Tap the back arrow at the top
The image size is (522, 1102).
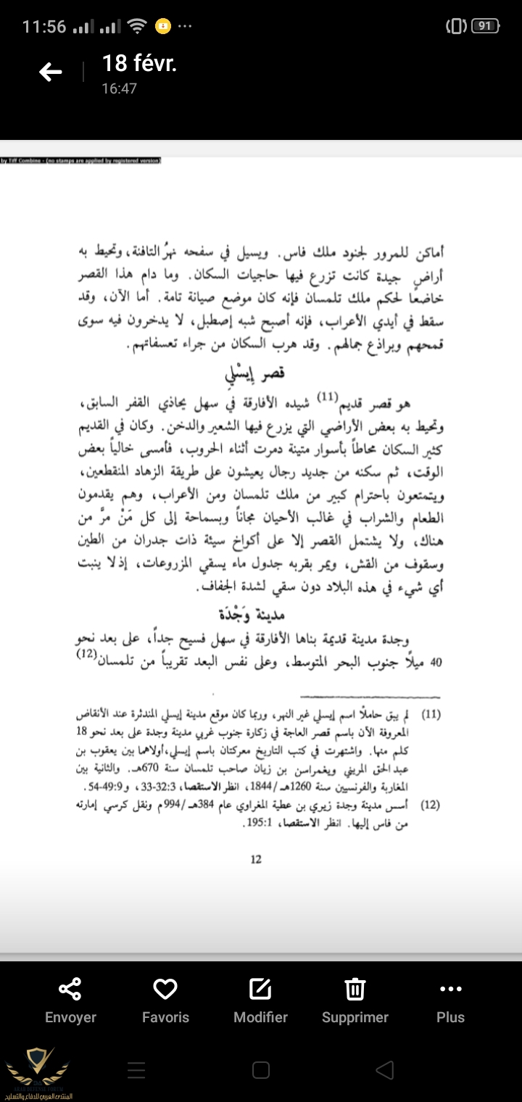(x=50, y=72)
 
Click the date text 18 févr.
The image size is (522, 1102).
(x=139, y=64)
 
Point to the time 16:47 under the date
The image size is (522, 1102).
(x=119, y=89)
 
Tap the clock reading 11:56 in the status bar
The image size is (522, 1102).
(x=44, y=27)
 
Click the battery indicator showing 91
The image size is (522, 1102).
(x=485, y=27)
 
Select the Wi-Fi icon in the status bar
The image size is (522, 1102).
(x=136, y=27)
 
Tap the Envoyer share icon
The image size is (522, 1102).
(x=70, y=989)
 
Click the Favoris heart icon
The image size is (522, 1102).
(x=165, y=989)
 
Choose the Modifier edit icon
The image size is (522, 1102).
(x=260, y=989)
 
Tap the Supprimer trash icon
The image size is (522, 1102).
(x=355, y=989)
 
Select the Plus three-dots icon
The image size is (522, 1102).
(x=450, y=989)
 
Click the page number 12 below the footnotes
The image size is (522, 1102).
(x=255, y=860)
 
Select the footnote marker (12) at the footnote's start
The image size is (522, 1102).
(x=431, y=805)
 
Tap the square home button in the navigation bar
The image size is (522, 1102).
(x=261, y=1069)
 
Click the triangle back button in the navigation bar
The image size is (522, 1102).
(x=385, y=1069)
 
